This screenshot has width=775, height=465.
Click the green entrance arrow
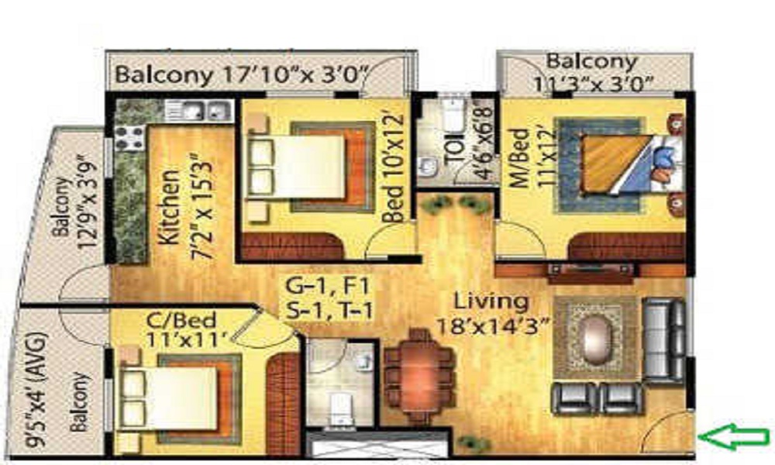(735, 436)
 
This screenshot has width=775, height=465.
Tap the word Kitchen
(170, 207)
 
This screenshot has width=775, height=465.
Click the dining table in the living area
(420, 376)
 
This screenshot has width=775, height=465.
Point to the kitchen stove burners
(130, 138)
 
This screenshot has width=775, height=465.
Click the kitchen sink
(198, 111)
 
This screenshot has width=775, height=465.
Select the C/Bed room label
(182, 321)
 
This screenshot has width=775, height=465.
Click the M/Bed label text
(519, 158)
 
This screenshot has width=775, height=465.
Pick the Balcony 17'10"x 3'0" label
(243, 75)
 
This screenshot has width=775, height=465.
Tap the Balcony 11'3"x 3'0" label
(592, 73)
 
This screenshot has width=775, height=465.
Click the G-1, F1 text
(328, 286)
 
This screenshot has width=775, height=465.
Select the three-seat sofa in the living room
(665, 340)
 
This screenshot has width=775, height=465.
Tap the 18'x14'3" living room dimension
(493, 325)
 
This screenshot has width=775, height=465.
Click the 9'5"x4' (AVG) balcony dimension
(36, 391)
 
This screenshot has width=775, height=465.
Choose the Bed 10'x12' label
(394, 169)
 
